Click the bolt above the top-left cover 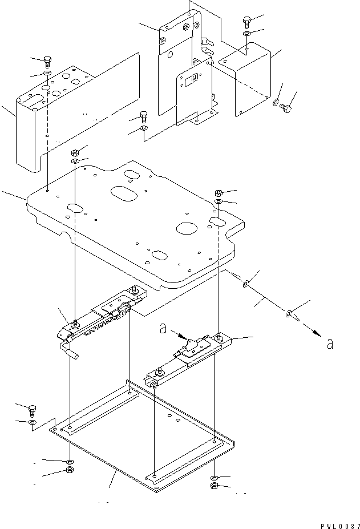(x=47, y=62)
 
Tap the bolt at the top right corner (x=246, y=22)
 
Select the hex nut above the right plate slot (x=219, y=193)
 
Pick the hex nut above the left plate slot (x=75, y=153)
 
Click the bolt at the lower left (x=33, y=410)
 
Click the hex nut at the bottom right (x=215, y=486)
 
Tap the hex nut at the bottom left (x=70, y=470)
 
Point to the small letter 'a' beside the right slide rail (x=163, y=328)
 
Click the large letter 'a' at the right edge (x=330, y=344)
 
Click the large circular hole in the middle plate (x=187, y=228)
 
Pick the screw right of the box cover (x=285, y=108)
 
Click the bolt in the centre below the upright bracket (x=143, y=116)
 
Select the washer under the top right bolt (x=247, y=34)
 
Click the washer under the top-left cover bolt (x=47, y=73)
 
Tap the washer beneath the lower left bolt (x=32, y=422)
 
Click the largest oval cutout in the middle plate (x=124, y=193)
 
